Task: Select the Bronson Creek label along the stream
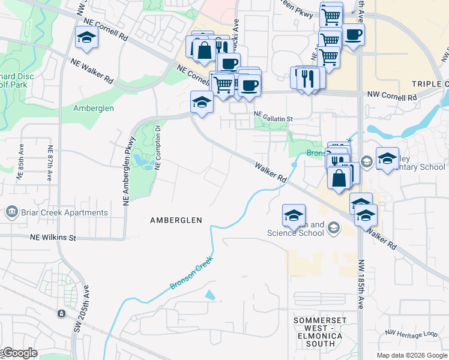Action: point(192,272)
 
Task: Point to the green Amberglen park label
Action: point(93,109)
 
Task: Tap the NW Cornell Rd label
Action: point(391,95)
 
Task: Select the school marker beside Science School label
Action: point(294,215)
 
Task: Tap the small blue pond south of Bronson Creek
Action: point(209,295)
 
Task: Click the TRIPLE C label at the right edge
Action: point(430,84)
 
